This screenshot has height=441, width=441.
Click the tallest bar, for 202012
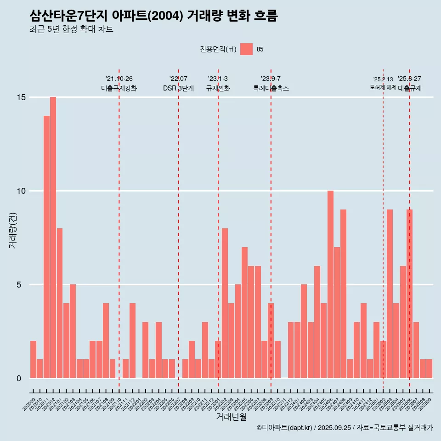pos(53,237)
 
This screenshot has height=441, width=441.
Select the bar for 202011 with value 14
pos(46,247)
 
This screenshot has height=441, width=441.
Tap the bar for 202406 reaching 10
pos(330,284)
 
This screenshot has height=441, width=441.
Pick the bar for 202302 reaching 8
pos(225,303)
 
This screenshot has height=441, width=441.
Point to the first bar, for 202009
pos(33,359)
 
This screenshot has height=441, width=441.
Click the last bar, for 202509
pos(429,368)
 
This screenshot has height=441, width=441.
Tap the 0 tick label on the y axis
pos(19,379)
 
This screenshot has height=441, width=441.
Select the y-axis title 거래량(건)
pos(12,230)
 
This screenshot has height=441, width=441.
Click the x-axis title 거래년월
pos(231,417)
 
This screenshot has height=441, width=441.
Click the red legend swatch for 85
pos(246,49)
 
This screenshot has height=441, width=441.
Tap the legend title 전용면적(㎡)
pos(218,50)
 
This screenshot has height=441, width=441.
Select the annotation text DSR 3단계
pos(178,88)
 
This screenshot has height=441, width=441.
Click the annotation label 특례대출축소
pos(271,88)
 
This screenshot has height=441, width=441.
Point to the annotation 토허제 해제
pos(383,87)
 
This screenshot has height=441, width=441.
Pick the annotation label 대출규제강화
pos(119,88)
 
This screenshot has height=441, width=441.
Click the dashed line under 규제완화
pos(218,230)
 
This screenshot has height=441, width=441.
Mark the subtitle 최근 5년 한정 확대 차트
pos(71,29)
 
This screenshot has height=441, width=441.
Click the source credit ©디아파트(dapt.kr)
pos(285,428)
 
